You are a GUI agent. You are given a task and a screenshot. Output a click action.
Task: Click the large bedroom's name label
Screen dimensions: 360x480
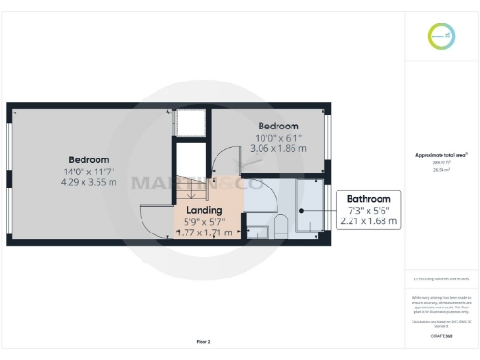(x=88, y=159)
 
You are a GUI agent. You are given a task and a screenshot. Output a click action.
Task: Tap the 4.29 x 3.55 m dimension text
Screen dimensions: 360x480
(x=88, y=183)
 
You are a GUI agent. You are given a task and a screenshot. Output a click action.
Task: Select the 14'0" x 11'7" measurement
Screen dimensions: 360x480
(x=88, y=172)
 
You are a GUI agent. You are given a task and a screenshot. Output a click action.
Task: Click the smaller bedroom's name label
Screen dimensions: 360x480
(x=278, y=127)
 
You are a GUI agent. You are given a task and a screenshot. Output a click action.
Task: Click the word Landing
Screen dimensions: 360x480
(x=204, y=210)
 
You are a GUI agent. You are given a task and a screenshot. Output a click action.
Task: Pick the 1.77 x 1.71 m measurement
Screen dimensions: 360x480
(x=204, y=232)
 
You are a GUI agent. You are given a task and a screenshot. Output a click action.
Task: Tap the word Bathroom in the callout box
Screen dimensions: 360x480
(x=368, y=199)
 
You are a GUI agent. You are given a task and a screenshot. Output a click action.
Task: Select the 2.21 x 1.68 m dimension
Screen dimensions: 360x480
(x=368, y=222)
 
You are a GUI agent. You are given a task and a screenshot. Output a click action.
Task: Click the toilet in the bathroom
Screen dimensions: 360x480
(x=278, y=225)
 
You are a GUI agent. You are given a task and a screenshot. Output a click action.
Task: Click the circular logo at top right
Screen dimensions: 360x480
(x=441, y=37)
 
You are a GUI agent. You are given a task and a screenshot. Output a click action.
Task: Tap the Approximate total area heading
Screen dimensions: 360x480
(x=441, y=155)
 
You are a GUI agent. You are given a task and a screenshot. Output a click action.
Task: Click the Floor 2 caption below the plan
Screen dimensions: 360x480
(x=202, y=342)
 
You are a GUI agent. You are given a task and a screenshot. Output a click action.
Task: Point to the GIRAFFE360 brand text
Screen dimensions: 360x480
(x=441, y=335)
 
